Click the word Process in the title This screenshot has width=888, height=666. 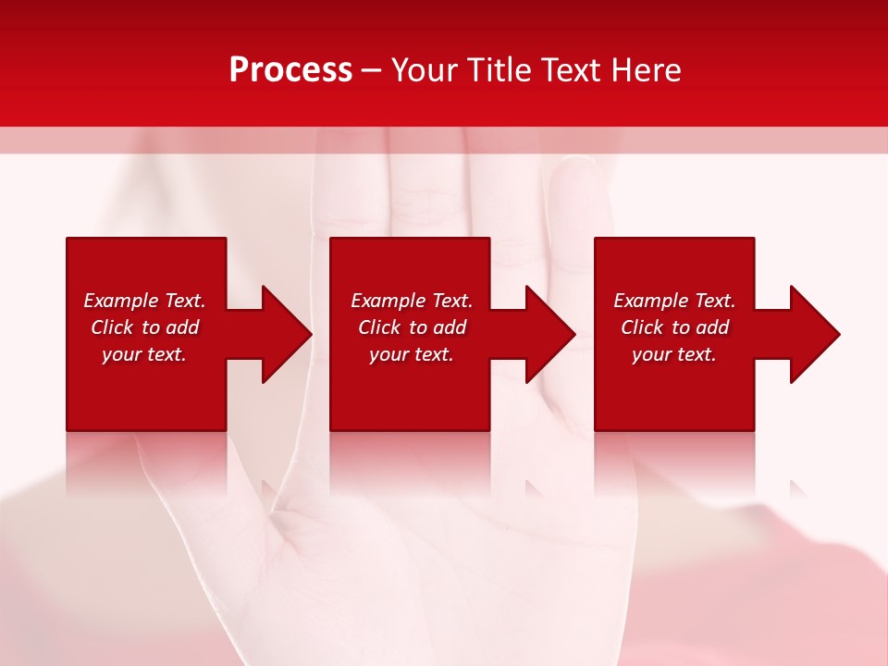(290, 70)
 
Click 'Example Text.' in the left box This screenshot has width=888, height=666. (144, 301)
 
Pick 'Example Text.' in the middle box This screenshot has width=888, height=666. (412, 301)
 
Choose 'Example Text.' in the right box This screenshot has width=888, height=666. (674, 301)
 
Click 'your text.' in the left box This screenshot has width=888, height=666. (144, 354)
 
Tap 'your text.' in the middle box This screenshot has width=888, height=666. (412, 354)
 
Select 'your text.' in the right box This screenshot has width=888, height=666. (674, 354)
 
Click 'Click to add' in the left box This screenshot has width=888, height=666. (144, 327)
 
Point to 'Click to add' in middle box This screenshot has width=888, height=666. (412, 327)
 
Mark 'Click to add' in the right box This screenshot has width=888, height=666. (674, 327)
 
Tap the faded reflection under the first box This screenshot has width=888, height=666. (146, 462)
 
